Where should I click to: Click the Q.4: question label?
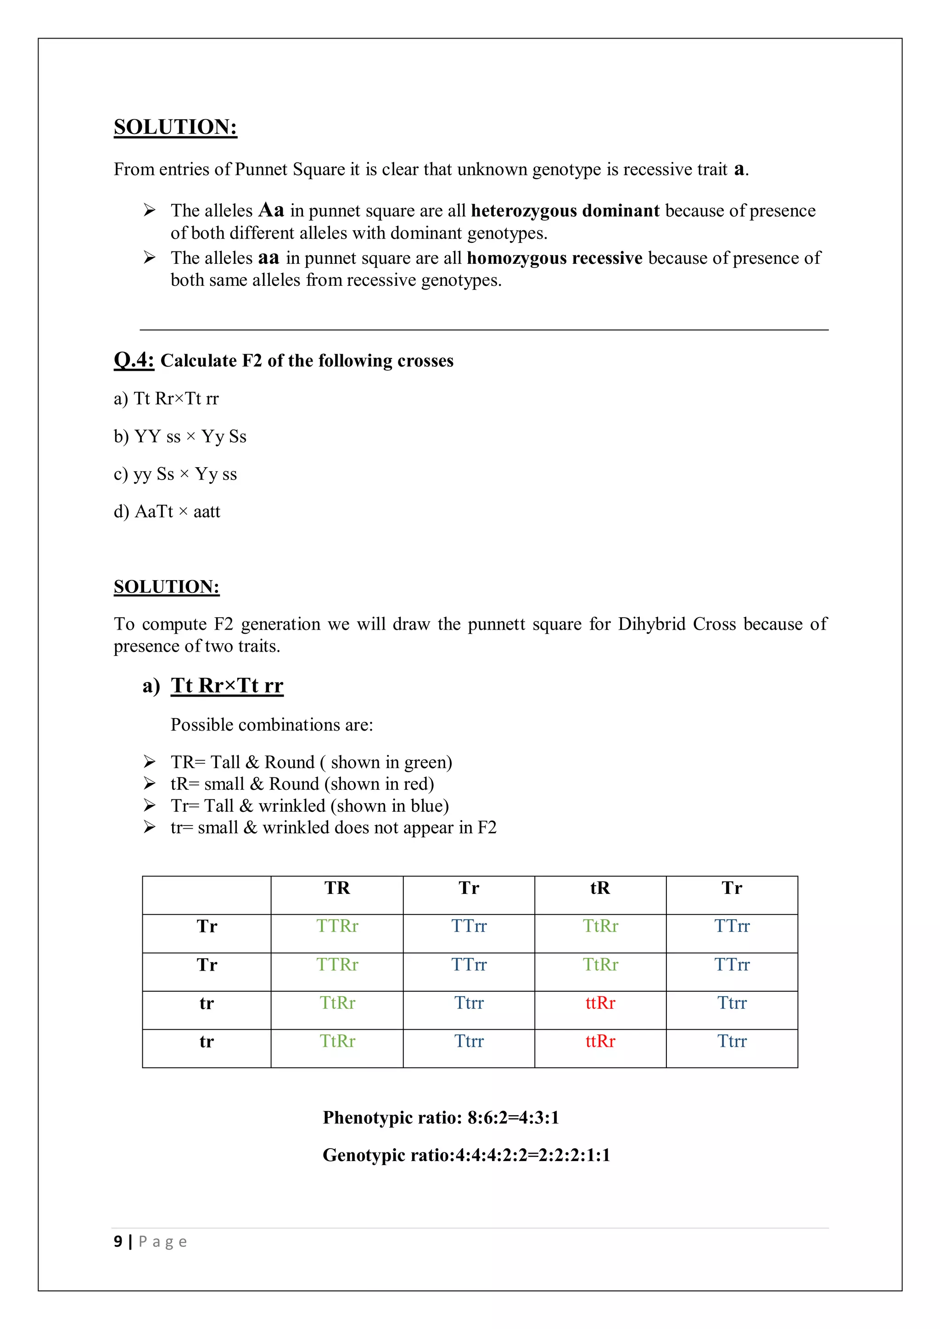134,360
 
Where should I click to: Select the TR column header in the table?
337,888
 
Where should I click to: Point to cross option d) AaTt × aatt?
167,512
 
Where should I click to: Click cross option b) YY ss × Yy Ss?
180,436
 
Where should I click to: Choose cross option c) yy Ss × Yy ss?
175,474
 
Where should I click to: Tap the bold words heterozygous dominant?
565,211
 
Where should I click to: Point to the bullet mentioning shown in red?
302,784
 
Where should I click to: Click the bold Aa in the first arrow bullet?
271,210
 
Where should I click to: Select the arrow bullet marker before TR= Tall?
149,762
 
